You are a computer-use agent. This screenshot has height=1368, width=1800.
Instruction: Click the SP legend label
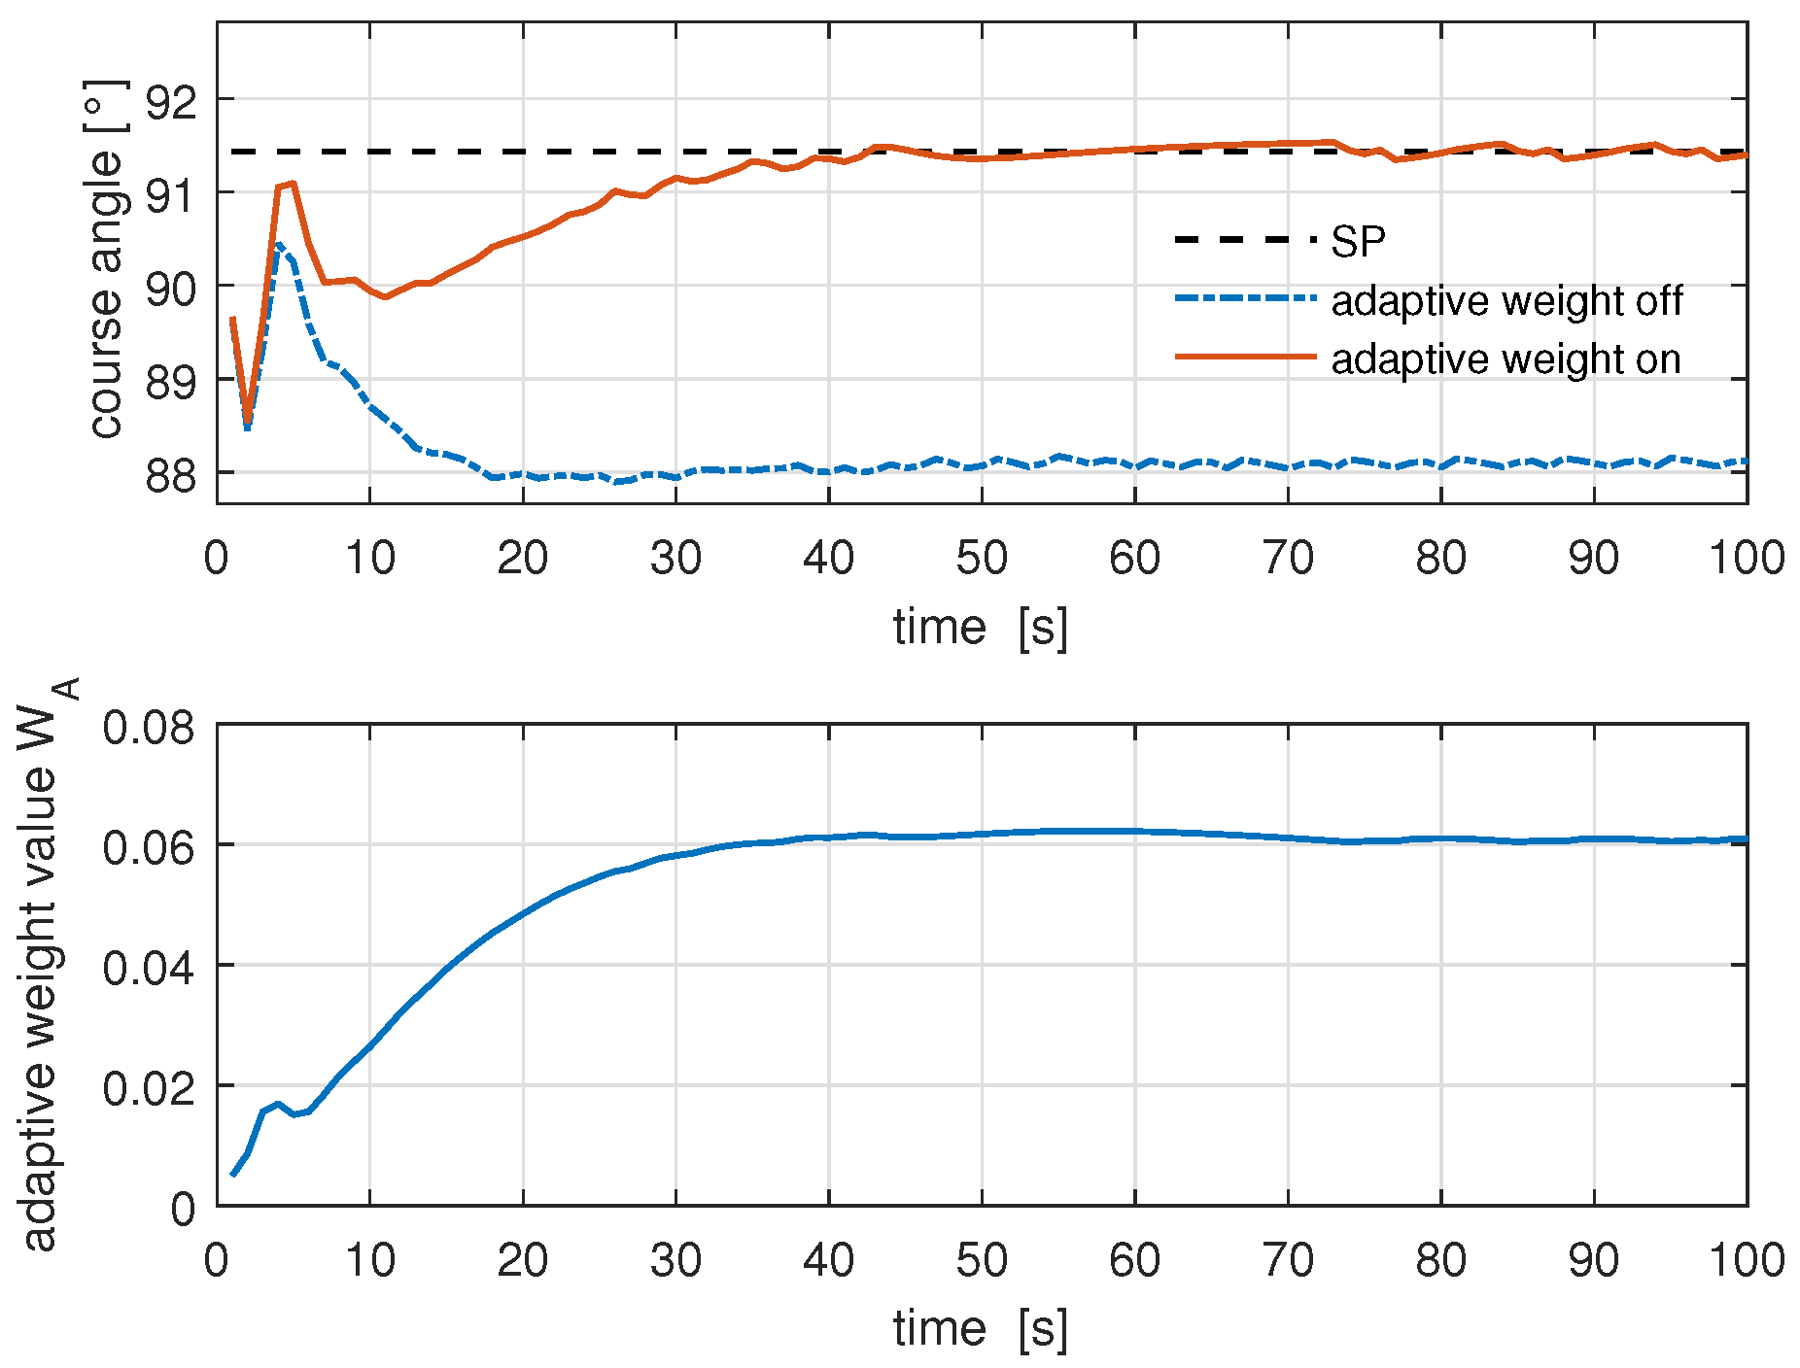coord(1358,241)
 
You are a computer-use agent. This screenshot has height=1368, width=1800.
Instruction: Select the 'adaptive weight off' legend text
coord(1506,300)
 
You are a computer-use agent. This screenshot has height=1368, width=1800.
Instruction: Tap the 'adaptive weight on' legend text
coord(1506,359)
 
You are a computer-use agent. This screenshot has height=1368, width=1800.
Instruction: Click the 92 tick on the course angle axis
coord(170,101)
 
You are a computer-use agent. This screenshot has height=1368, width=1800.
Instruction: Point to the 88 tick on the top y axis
coord(170,475)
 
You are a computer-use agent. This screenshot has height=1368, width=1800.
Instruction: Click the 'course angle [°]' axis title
coord(107,260)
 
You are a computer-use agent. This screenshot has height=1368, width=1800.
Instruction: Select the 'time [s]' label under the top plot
coord(981,627)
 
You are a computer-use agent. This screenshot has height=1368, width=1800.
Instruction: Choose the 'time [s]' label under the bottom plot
coord(981,1328)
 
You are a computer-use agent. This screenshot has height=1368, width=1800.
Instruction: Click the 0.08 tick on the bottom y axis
coord(149,727)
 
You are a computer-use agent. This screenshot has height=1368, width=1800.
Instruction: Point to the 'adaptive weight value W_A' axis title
coord(44,962)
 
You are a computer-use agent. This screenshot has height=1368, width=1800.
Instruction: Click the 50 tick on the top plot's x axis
coord(982,559)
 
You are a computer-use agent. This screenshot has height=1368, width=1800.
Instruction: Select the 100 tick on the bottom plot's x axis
coord(1746,1261)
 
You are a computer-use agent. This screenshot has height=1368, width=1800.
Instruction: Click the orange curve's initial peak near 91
coord(291,183)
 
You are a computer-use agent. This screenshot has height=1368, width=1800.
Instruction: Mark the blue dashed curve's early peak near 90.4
coord(279,245)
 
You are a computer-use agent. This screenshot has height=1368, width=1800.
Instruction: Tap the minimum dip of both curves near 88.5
coord(248,424)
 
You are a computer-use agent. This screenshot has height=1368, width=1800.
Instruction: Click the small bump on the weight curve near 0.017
coord(278,1104)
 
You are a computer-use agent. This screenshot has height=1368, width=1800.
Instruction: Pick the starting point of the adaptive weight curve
coord(232,1175)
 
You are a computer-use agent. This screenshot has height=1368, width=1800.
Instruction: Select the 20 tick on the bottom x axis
coord(523,1261)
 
